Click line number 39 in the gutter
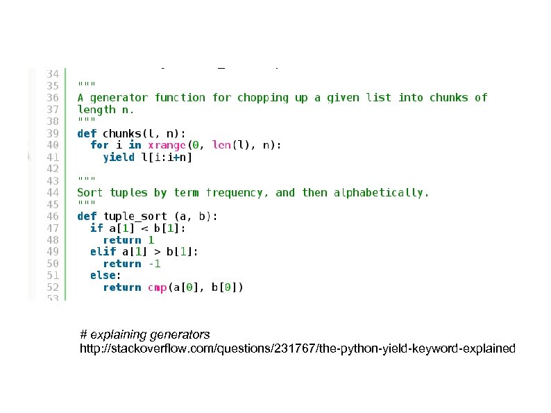coord(53,133)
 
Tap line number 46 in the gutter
coord(53,216)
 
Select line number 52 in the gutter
coord(53,287)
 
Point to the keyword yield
coord(119,157)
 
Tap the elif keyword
coord(103,251)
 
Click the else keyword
coord(103,275)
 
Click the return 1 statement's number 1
coord(151,239)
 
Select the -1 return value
coord(154,263)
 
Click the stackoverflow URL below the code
coord(298,348)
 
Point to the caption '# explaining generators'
coord(145,335)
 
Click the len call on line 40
coord(221,145)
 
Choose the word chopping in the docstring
coord(263,98)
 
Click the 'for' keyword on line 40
coord(99,145)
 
